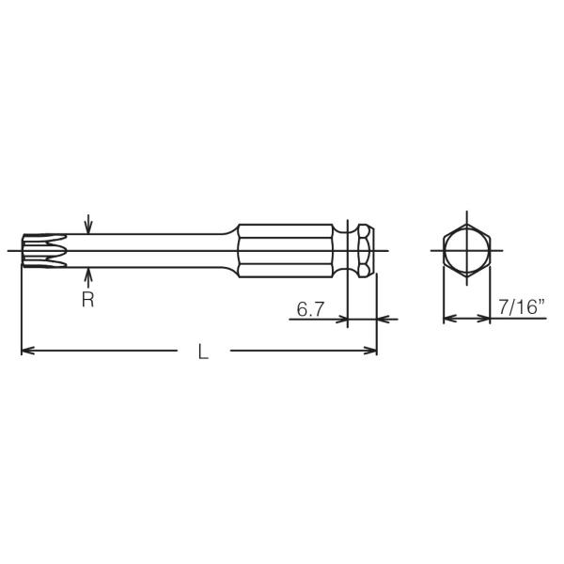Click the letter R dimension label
(87, 302)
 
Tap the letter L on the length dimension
(203, 352)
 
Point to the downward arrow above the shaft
(87, 226)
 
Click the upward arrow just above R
(87, 275)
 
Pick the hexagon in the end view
(466, 251)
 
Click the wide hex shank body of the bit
(282, 251)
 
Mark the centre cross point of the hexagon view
(466, 251)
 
